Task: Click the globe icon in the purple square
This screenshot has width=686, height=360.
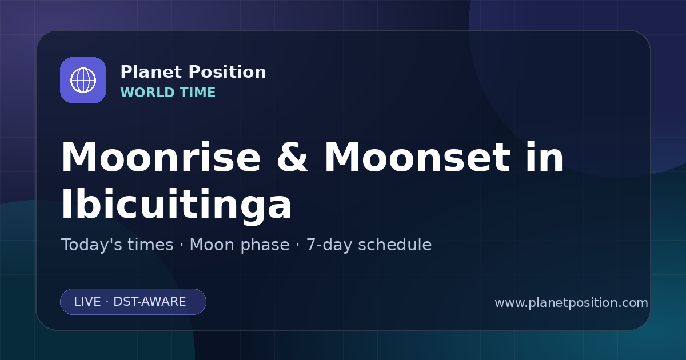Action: coord(83,80)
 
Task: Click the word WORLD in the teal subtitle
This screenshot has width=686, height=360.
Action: coord(147,93)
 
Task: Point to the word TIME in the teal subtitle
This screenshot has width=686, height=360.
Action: coord(197,93)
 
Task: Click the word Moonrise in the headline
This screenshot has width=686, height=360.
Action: coord(161,158)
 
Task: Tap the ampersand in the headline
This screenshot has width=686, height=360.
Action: coord(292,158)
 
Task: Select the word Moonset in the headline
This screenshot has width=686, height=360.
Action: coord(417,158)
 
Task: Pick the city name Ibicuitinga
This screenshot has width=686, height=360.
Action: coord(177,204)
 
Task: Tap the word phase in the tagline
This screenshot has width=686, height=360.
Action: coord(265,245)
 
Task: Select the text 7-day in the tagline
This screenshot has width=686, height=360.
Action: coord(329,245)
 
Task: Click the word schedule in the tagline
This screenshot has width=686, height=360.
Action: coord(395,245)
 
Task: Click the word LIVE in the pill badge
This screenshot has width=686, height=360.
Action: coord(87,302)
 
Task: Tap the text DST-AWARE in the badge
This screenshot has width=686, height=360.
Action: coord(149,302)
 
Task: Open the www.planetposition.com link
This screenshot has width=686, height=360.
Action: coord(572,303)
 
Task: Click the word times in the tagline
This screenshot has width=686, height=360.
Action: coord(150,245)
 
